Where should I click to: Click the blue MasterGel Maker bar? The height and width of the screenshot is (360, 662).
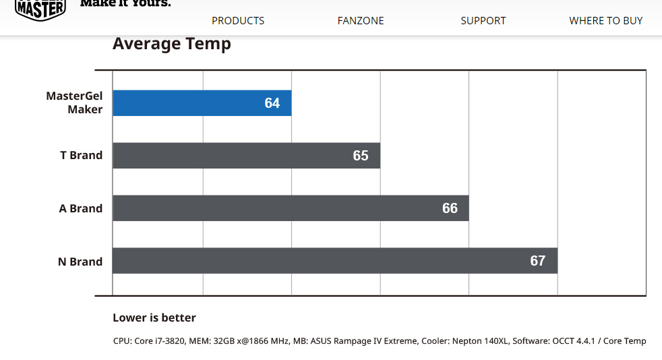202,103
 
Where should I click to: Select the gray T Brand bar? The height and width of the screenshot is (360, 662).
246,155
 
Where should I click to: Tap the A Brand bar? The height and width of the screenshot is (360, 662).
291,208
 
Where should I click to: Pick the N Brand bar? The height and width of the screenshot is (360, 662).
335,260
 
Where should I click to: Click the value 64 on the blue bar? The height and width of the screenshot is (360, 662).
272,103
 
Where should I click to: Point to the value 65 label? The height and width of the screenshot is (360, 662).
361,156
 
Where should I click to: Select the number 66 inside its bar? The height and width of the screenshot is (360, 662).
450,208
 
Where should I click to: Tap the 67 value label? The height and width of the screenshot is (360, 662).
537,261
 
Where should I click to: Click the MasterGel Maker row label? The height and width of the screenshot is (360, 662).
74,102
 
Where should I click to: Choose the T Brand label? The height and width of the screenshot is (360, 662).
81,155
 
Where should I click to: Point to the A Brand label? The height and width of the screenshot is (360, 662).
81,208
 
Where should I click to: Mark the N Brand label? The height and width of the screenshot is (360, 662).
80,262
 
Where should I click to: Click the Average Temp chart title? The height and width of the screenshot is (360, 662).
172,44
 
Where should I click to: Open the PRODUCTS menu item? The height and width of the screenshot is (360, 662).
238,21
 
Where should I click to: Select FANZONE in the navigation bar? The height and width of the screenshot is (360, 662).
361,21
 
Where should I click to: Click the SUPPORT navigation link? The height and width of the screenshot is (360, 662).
483,21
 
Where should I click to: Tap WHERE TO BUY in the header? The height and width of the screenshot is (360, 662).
606,21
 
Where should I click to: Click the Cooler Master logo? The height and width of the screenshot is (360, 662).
40,9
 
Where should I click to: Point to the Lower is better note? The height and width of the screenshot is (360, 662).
154,318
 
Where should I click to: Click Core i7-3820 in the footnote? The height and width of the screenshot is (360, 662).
160,341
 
